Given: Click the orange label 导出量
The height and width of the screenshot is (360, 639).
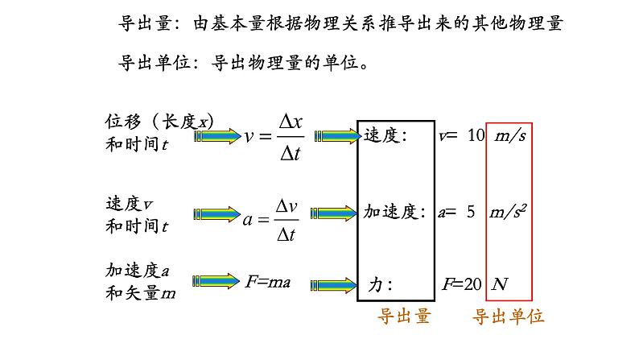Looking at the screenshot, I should point(404,317).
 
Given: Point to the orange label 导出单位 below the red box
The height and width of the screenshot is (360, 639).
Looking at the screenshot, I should point(508,317).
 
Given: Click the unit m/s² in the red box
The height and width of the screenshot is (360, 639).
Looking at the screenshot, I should point(509,212).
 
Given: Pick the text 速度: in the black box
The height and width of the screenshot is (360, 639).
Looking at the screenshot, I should point(385,135).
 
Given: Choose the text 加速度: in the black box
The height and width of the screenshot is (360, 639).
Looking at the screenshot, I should point(394,212).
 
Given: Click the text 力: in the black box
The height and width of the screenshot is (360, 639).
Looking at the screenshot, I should point(380,284).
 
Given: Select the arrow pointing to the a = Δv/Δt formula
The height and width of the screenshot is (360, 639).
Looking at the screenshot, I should point(217,216).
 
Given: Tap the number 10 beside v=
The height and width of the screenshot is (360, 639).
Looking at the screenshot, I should point(476,135).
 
